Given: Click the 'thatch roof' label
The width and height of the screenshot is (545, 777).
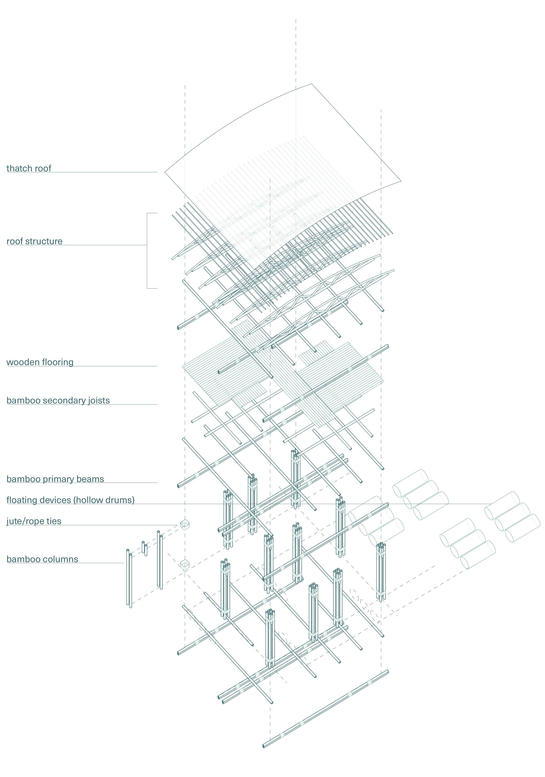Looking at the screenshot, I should pos(29,168).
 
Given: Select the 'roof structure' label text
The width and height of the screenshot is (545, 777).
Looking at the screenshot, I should pos(35,241).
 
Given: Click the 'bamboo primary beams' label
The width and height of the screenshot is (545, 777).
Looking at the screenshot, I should pos(55,479).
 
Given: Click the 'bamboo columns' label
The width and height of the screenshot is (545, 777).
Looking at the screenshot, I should pos(42,559).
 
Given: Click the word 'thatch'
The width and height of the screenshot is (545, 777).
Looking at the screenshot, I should pos(17,168).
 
